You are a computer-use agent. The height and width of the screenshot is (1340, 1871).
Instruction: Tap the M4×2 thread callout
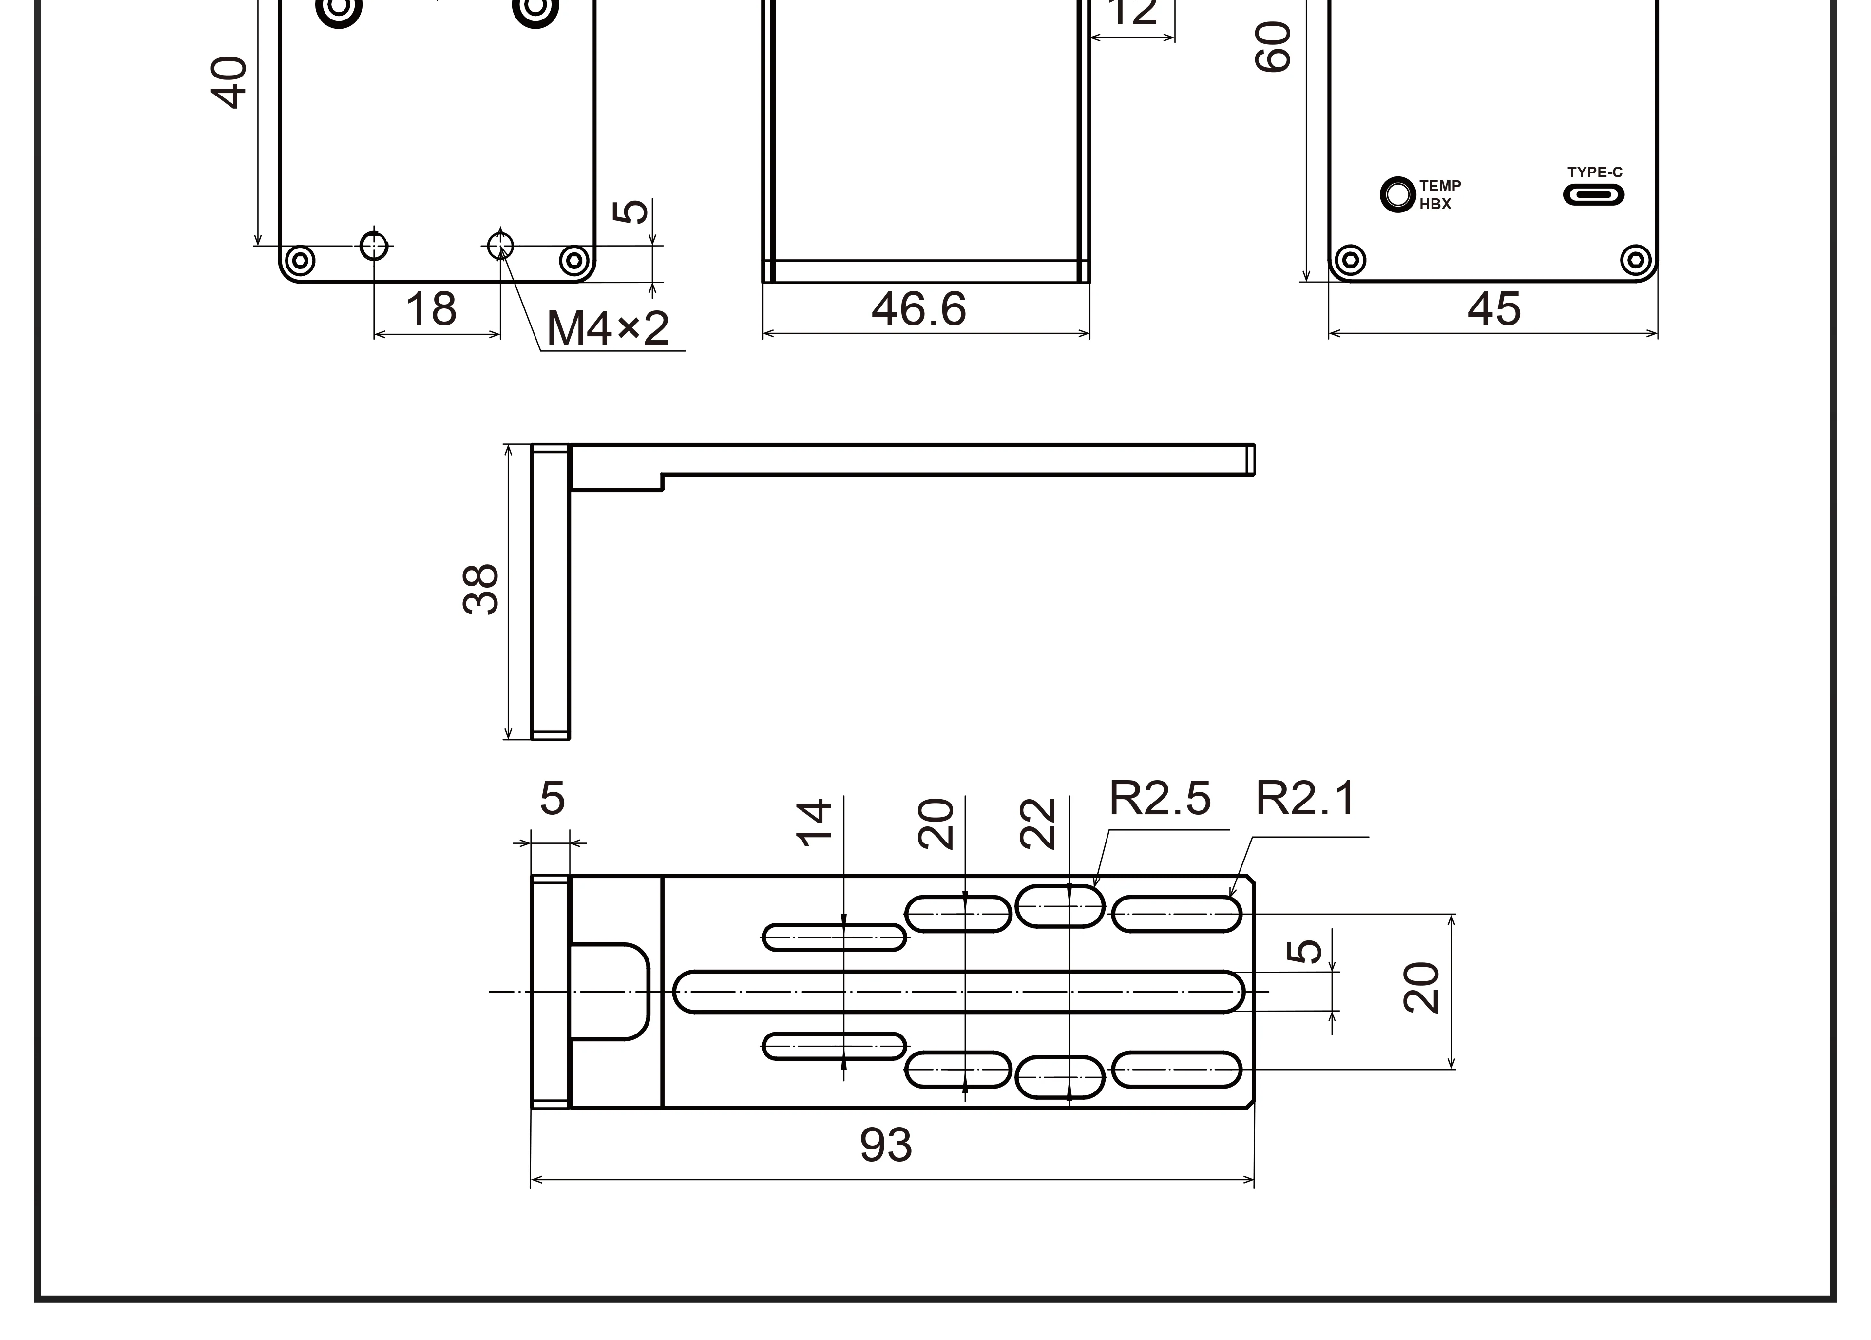pos(607,328)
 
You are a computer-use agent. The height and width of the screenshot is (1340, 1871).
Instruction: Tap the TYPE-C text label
pos(1594,172)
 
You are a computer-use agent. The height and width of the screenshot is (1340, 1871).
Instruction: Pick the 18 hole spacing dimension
pos(431,309)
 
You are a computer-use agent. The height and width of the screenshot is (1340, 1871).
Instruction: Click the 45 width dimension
pos(1493,309)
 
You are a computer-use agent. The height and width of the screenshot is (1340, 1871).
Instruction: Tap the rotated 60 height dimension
pos(1273,47)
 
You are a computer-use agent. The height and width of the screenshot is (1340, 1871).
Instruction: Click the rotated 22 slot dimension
pos(1038,823)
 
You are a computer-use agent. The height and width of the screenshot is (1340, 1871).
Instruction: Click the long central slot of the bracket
pos(957,991)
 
